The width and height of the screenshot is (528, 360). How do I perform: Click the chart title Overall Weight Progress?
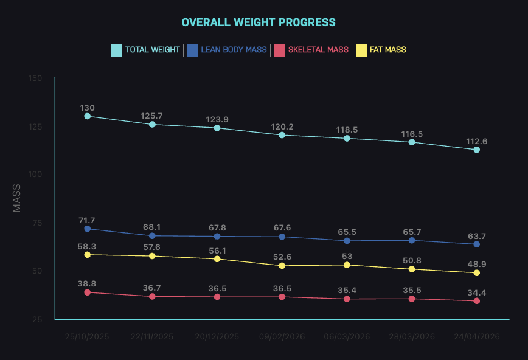[x=259, y=22]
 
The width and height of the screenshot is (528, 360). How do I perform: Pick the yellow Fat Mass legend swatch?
[x=361, y=50]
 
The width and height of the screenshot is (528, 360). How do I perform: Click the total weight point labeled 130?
[x=88, y=116]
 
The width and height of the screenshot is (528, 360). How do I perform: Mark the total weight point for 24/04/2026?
[x=476, y=150]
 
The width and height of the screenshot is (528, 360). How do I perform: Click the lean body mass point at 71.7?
[x=88, y=229]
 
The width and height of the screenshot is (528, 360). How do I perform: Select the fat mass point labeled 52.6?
[x=282, y=266]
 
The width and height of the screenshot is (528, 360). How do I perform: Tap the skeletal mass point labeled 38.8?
[x=88, y=292]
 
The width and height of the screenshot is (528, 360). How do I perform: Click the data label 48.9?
[x=476, y=265]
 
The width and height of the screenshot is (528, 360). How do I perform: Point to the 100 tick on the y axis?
[x=35, y=175]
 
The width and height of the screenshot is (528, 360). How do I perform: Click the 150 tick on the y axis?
[x=35, y=78]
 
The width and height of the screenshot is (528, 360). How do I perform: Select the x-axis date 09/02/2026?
[x=282, y=336]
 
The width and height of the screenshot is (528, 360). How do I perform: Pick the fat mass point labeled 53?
[x=347, y=265]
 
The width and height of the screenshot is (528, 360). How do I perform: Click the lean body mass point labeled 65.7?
[x=412, y=240]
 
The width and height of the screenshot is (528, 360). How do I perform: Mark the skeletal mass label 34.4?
[x=476, y=292]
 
